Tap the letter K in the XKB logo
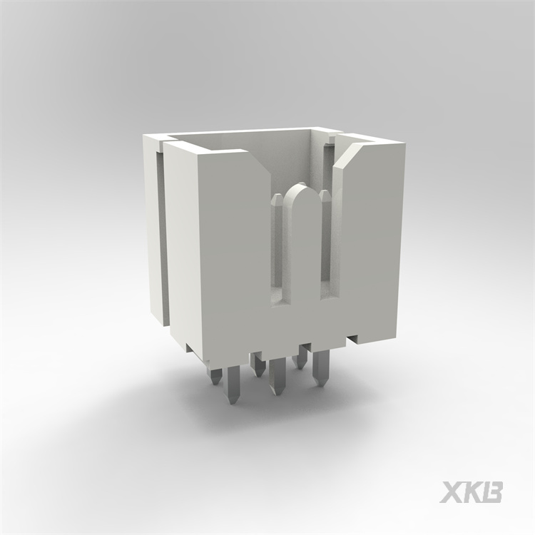click(473, 492)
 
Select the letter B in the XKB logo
click(493, 492)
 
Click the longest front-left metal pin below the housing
click(233, 385)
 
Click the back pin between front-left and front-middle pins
click(257, 364)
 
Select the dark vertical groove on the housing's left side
click(162, 235)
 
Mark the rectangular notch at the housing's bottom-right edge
click(354, 336)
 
